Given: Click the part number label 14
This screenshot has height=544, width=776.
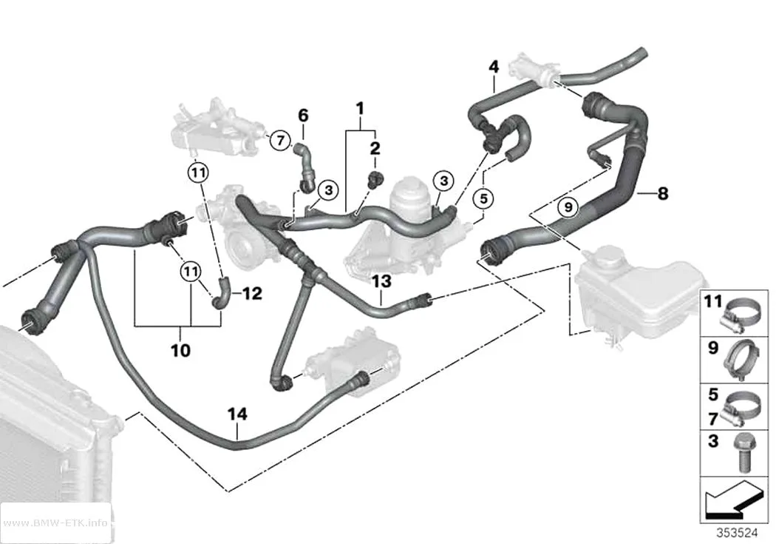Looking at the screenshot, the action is [x=237, y=414].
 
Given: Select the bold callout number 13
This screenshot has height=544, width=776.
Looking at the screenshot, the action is [x=381, y=281].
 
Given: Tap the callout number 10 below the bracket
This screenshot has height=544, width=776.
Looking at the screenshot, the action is [x=180, y=350].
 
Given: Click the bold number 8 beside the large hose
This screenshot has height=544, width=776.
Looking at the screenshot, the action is [x=663, y=193].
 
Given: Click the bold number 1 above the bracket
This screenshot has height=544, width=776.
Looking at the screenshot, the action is [x=360, y=108].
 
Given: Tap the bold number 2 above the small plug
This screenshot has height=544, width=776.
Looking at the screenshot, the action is [x=375, y=147].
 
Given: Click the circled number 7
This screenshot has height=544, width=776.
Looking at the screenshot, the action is [x=280, y=141].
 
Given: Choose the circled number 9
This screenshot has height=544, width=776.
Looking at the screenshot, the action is [x=568, y=206].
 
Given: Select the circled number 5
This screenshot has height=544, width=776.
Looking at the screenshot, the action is [x=483, y=198].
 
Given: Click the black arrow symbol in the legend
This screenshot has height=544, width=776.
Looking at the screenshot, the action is [x=732, y=501].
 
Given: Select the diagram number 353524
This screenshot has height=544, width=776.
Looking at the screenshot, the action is [x=737, y=533].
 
